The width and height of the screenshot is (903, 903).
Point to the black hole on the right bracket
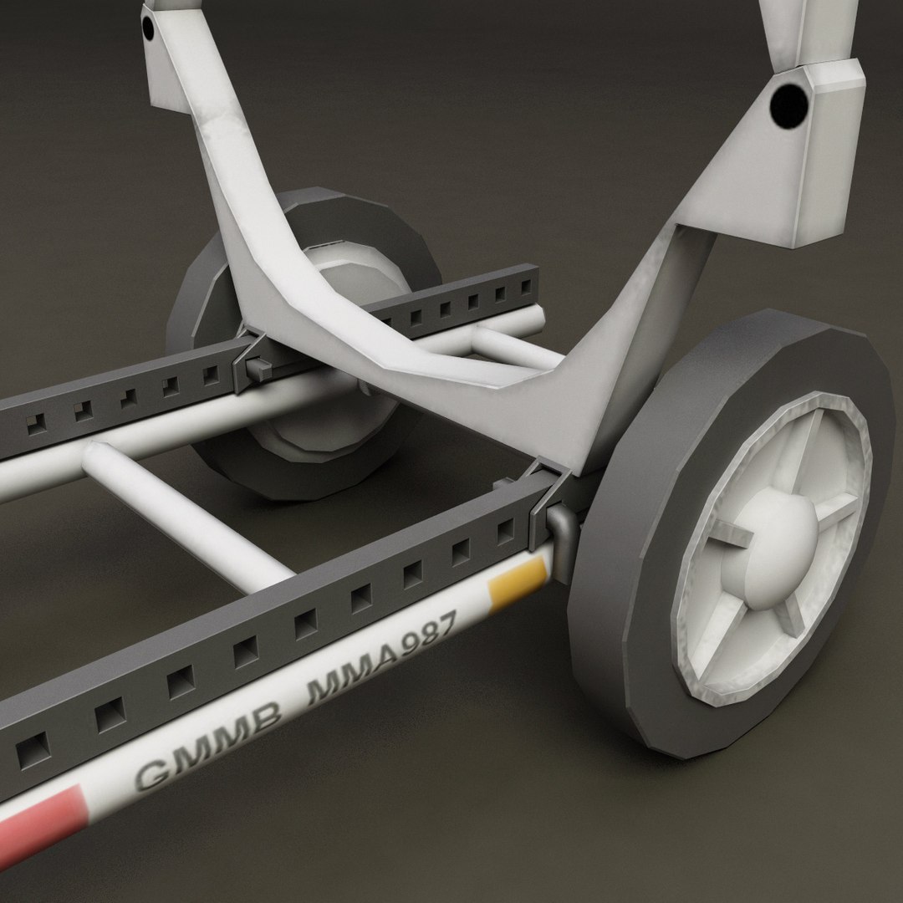click(788, 103)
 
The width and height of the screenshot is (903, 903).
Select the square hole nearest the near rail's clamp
click(505, 531)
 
